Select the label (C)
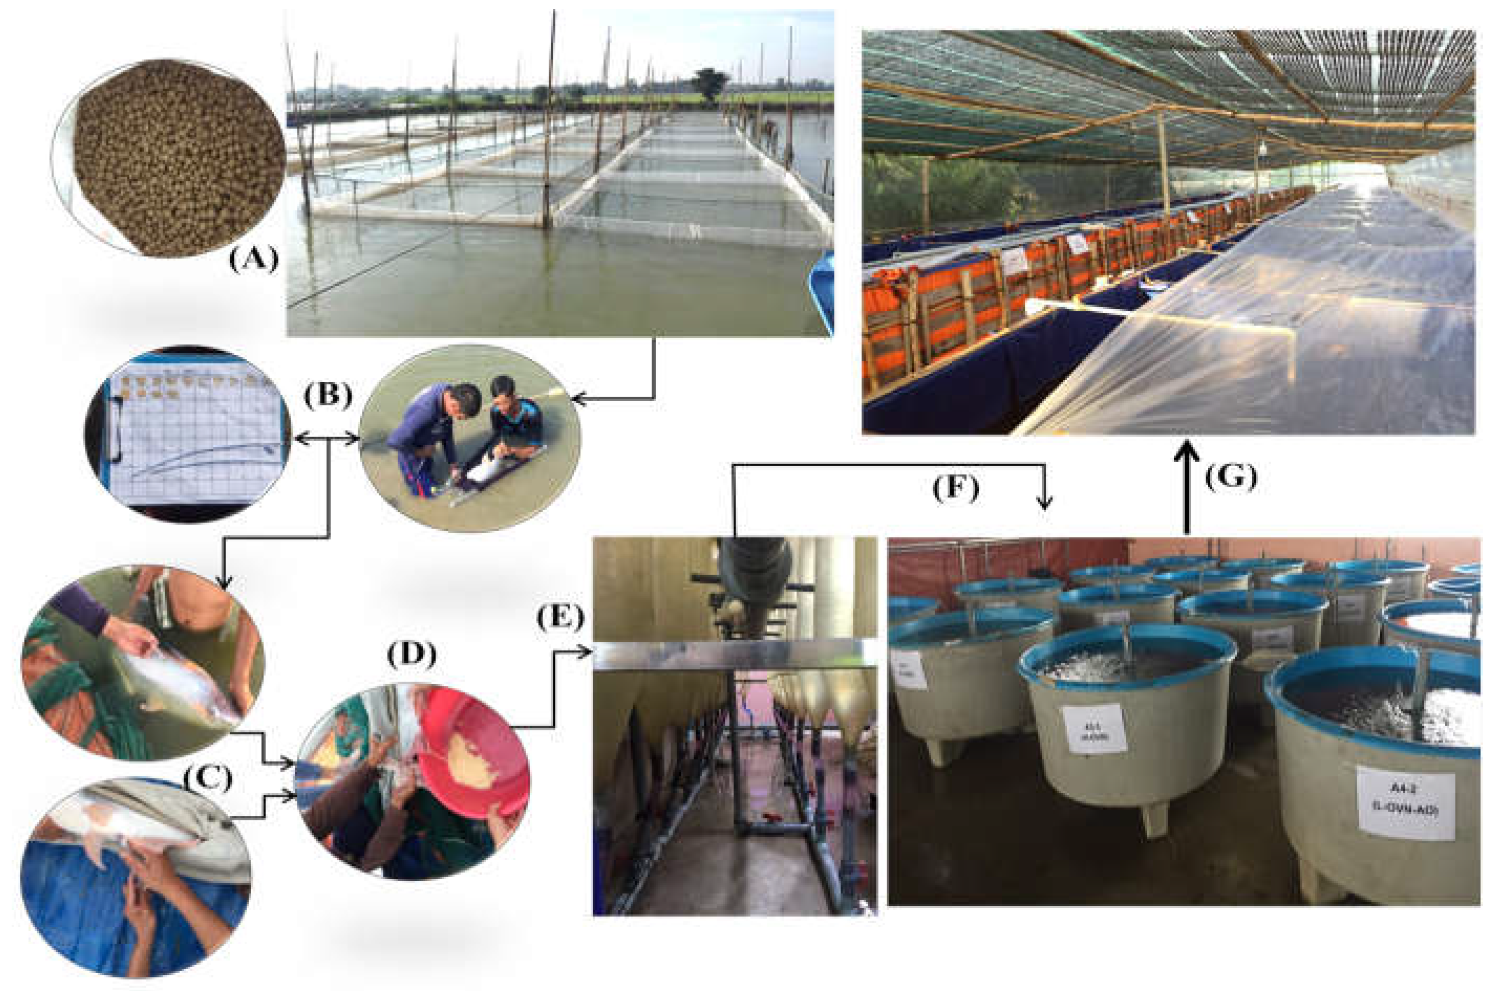click(208, 779)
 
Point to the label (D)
click(412, 656)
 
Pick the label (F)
click(956, 488)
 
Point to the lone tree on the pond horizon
click(711, 83)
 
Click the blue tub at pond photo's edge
click(823, 290)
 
